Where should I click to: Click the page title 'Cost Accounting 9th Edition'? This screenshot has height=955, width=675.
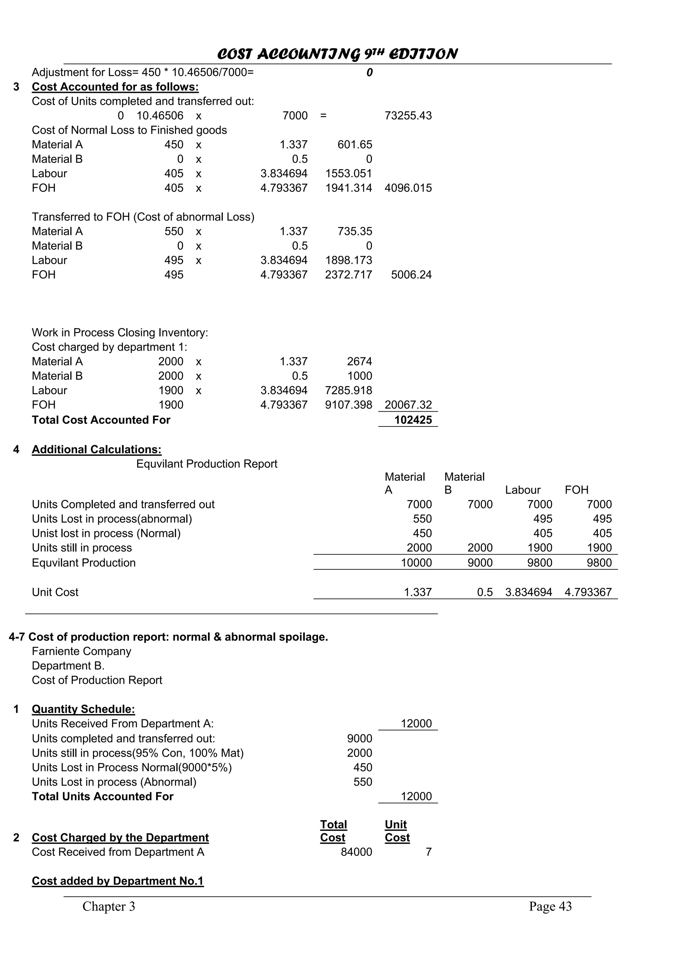click(337, 54)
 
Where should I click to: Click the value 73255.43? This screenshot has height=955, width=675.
click(408, 116)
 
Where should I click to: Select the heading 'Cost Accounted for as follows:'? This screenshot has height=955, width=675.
click(115, 87)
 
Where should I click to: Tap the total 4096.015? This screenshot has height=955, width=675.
click(408, 188)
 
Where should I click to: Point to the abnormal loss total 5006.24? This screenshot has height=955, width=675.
click(411, 275)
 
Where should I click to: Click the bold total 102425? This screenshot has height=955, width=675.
click(413, 420)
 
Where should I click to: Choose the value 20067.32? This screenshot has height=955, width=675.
click(408, 405)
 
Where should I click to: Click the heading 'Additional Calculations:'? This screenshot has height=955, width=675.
click(97, 449)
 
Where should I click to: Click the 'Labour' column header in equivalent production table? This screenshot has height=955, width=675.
click(523, 490)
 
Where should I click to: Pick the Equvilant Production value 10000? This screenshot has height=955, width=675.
click(416, 563)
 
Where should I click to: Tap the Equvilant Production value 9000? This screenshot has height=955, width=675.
click(480, 563)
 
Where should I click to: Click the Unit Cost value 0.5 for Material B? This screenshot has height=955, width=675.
click(484, 592)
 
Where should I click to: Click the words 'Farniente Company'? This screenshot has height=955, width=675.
click(81, 651)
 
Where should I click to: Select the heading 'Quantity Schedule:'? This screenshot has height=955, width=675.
click(83, 709)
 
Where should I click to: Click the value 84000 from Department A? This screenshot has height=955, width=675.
click(356, 852)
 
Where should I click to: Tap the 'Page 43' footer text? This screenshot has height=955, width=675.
click(550, 906)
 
